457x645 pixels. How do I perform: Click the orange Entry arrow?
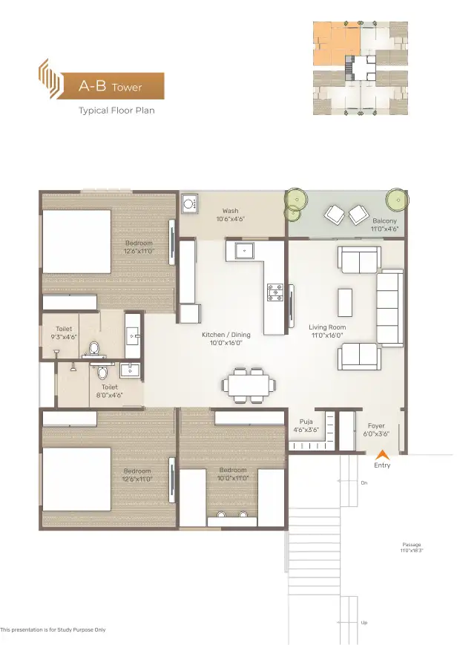tap(383, 454)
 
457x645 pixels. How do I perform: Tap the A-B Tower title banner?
tap(110, 86)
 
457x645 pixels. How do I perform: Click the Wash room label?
tap(230, 211)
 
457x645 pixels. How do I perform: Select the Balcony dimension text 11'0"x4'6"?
tap(384, 229)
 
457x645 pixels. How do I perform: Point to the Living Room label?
tap(327, 327)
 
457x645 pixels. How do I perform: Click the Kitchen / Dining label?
tap(226, 335)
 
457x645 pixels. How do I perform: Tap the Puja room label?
tap(306, 422)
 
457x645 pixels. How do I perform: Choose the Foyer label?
tap(376, 426)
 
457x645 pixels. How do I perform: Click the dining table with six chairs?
tap(249, 385)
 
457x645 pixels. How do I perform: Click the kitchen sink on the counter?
tap(244, 250)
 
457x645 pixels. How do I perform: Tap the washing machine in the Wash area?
tap(190, 204)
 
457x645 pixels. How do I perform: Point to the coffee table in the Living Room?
tap(345, 302)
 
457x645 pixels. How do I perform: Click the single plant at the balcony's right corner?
tap(398, 200)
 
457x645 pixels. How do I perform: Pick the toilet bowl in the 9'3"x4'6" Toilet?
tap(94, 349)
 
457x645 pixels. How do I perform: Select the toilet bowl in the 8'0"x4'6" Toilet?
tap(102, 373)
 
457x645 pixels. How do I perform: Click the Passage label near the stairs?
tap(412, 545)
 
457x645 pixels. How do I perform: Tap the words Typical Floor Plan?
tap(116, 111)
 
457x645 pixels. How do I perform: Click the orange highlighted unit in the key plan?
tap(337, 44)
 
